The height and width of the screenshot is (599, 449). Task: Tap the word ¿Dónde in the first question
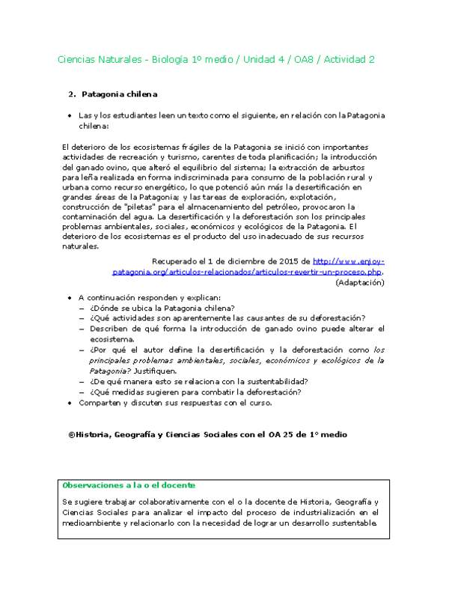(104, 308)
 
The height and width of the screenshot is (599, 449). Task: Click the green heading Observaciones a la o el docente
(129, 485)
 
